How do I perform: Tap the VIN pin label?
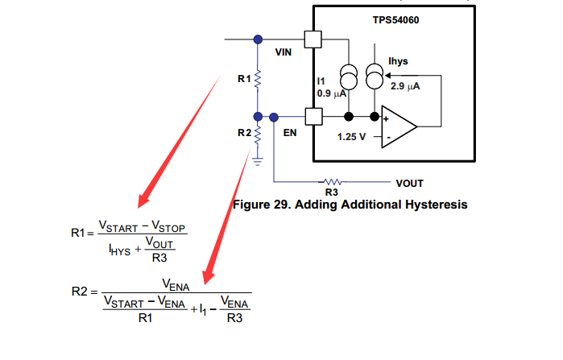coord(284,52)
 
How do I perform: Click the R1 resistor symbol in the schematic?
coord(258,79)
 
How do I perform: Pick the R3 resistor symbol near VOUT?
coord(331,182)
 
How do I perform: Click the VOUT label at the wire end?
coord(410,183)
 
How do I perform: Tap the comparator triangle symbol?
coord(399,126)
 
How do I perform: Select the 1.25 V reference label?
coord(351,137)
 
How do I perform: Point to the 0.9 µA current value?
coord(331,93)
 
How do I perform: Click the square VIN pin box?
coord(313,39)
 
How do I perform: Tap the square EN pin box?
coord(313,117)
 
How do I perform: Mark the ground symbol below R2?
coord(258,159)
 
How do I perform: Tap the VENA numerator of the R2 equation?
coord(176,283)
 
